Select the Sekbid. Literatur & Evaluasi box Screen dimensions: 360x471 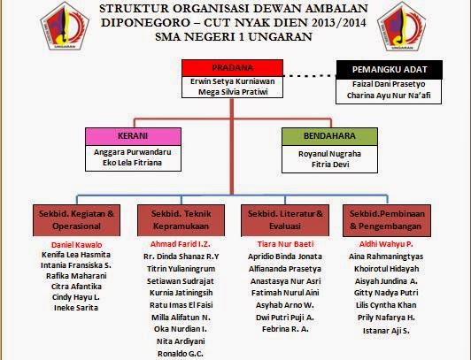pos(282,219)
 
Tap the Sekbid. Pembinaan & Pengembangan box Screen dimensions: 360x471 pos(385,219)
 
